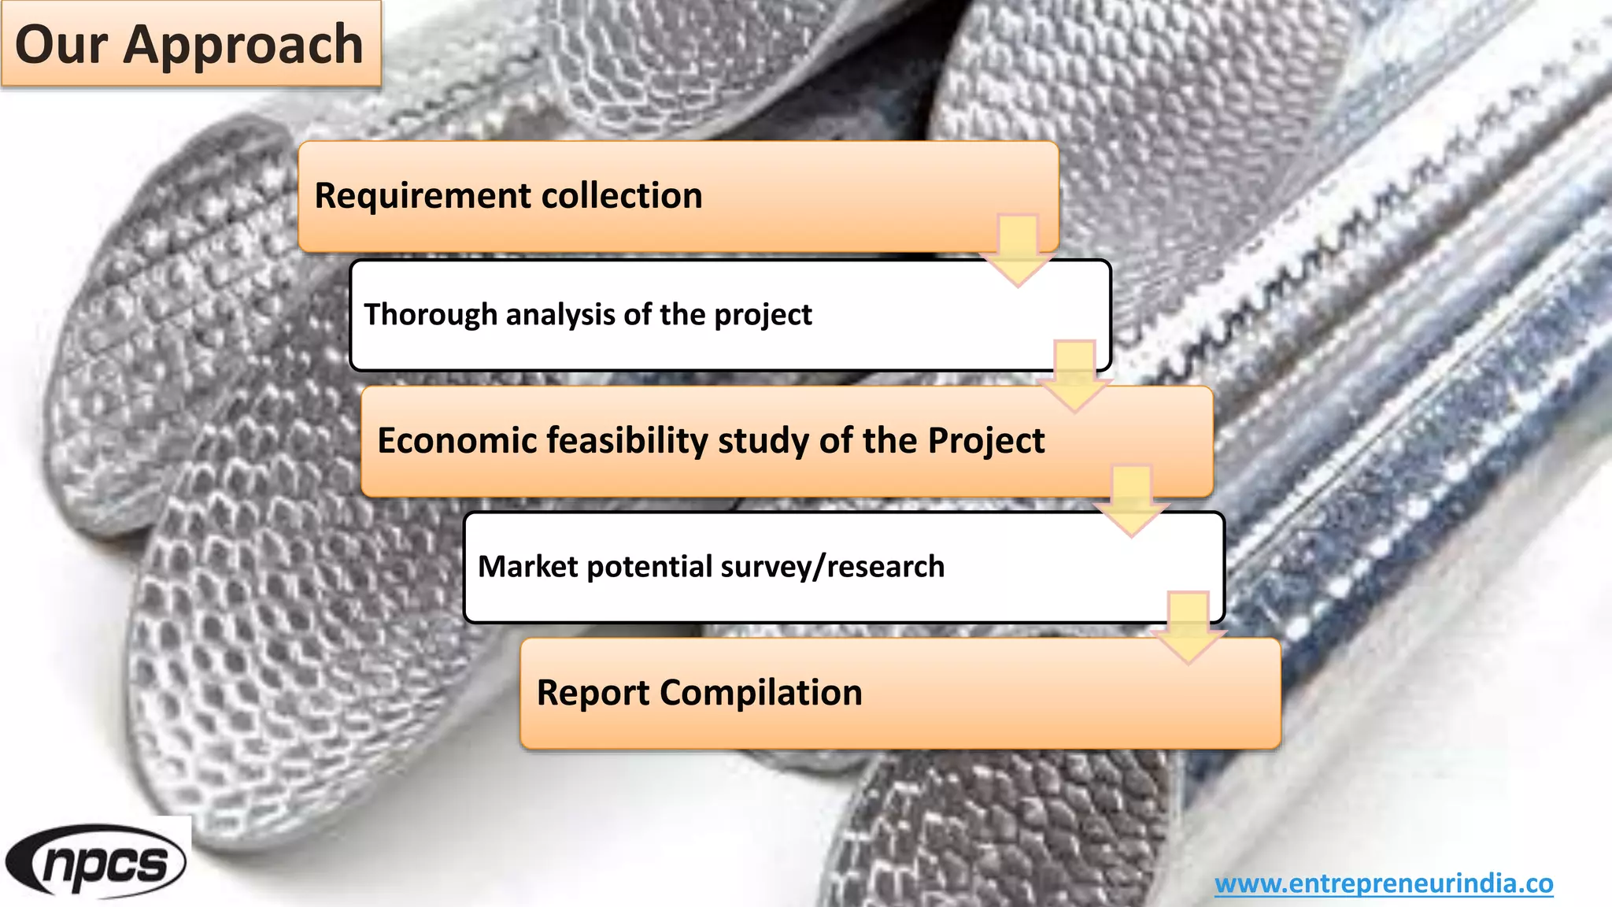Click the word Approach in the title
click(243, 46)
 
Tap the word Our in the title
click(61, 44)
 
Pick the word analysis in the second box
click(560, 314)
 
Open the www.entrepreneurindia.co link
click(1384, 883)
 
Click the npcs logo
click(96, 862)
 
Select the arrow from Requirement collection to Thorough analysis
click(1018, 250)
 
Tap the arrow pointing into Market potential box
click(1131, 502)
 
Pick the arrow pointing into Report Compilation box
click(1188, 627)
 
